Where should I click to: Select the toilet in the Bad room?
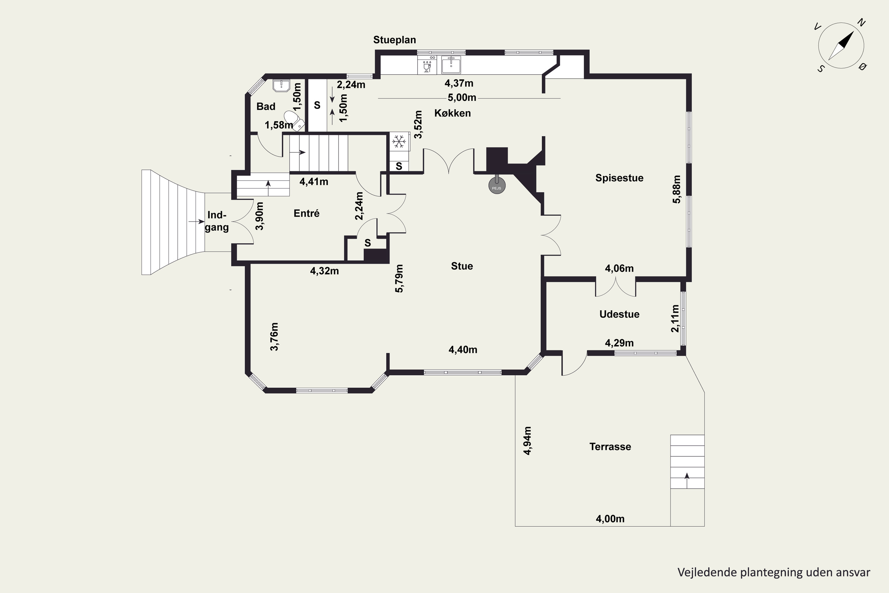pos(294,120)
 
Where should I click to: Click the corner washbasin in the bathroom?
pos(281,85)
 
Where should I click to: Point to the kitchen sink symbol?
pos(451,65)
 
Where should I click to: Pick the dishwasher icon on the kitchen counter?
pos(427,65)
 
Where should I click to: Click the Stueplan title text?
pos(395,40)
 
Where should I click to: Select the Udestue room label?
pos(619,314)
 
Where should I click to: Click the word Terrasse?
pos(610,447)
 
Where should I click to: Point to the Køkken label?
pos(453,113)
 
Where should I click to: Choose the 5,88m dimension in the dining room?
pos(676,189)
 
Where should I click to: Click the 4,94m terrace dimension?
pos(527,441)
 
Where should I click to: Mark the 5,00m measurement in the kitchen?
pos(462,98)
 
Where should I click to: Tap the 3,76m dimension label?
pos(274,337)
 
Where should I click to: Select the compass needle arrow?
pos(841,46)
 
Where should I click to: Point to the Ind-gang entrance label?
pos(217,221)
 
